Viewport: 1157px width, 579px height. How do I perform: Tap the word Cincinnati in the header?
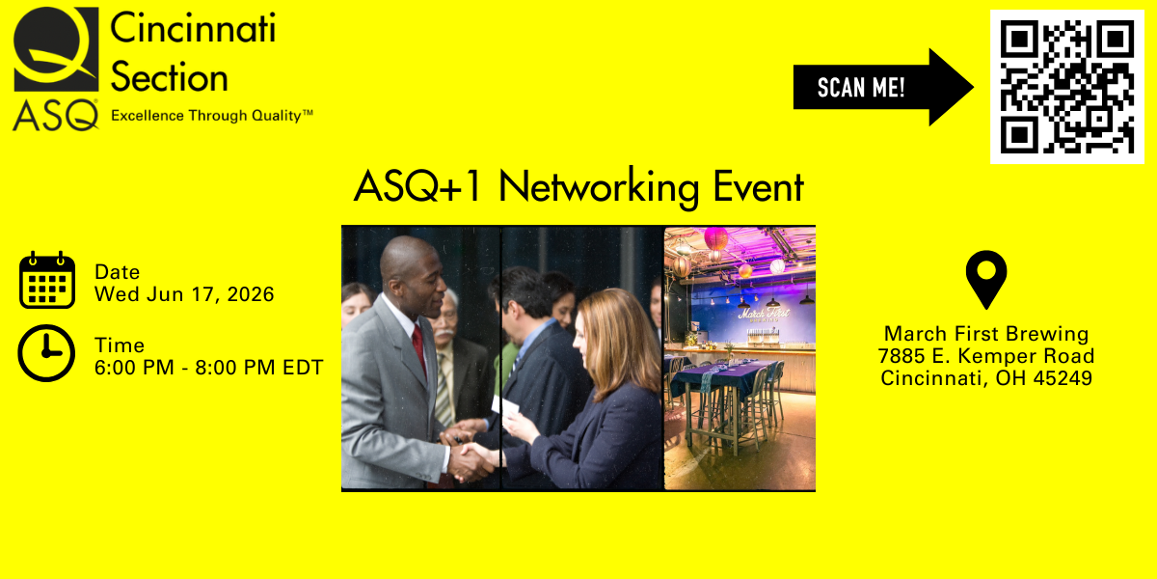[x=193, y=29]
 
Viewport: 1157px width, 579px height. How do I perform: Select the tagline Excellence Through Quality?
[x=212, y=116]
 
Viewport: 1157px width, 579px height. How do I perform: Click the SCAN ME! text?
[x=861, y=89]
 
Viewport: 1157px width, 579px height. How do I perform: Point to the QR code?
[x=1066, y=87]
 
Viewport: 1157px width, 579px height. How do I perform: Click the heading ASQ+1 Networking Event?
[x=578, y=187]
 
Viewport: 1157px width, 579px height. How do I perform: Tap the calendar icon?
[x=47, y=281]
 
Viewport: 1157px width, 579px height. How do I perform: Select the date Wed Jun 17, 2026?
[x=184, y=294]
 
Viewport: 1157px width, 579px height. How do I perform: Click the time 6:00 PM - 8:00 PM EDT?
[x=208, y=368]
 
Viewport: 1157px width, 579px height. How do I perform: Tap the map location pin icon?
[x=986, y=280]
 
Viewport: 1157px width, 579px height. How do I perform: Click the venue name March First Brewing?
[x=986, y=334]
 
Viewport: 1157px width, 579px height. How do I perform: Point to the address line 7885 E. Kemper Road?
[x=986, y=356]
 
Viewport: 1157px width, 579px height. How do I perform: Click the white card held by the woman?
[x=504, y=405]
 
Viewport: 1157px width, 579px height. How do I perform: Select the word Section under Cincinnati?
[x=170, y=77]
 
